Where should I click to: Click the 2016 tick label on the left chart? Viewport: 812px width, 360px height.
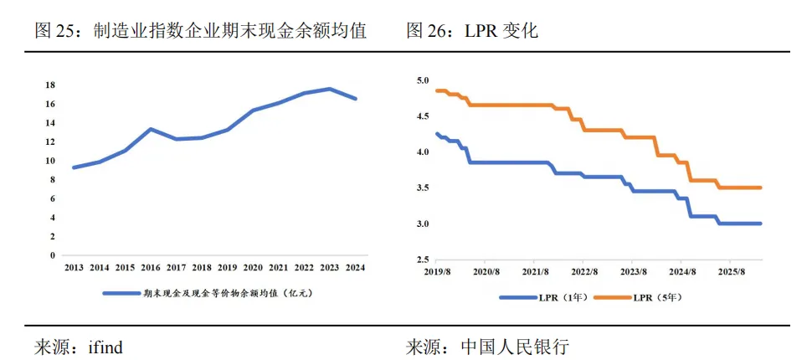pos(150,267)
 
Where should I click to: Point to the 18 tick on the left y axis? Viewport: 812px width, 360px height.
pos(50,85)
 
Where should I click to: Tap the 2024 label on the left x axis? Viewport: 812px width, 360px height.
pos(355,267)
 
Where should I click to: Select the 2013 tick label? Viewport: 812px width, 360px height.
pos(74,267)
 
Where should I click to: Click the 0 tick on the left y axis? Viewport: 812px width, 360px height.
pos(53,255)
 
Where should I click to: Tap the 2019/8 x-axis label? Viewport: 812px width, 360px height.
pos(437,273)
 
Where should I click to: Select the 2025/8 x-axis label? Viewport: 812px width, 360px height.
pos(731,273)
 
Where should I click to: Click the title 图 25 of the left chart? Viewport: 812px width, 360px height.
pos(200,31)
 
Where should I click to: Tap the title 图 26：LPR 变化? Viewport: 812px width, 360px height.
pos(472,31)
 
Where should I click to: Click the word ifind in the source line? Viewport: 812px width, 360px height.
pos(105,346)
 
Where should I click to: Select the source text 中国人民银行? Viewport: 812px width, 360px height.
pos(514,346)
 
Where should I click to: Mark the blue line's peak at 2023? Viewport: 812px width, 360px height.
pos(330,89)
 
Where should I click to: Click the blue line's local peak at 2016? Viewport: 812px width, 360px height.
pos(150,129)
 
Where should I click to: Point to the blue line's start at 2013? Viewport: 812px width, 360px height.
pos(74,167)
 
